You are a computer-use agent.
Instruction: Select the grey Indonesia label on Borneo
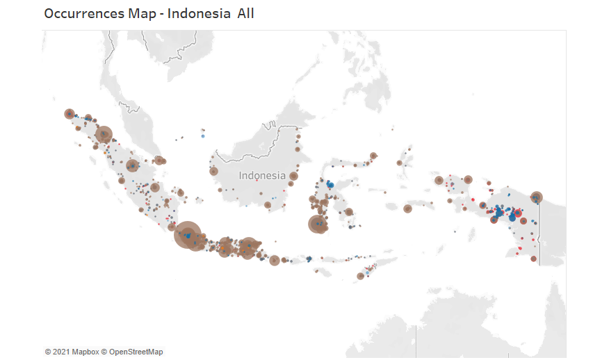(x=262, y=175)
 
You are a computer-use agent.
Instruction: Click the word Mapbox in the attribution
(x=85, y=352)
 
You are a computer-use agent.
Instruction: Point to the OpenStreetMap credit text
(x=136, y=352)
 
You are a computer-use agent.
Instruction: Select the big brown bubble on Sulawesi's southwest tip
(x=318, y=224)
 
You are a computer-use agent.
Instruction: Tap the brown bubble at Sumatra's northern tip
(x=69, y=113)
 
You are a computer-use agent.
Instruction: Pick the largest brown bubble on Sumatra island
(x=104, y=134)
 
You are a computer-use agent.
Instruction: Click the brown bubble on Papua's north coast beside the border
(x=537, y=197)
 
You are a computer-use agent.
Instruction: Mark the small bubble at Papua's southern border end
(x=534, y=259)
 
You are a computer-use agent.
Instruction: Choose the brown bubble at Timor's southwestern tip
(x=360, y=276)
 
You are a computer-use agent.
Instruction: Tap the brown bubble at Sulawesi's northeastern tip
(x=373, y=156)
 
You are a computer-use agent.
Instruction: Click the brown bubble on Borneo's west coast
(x=213, y=171)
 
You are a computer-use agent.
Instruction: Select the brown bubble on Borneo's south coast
(x=268, y=204)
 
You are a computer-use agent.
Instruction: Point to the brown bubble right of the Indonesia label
(x=293, y=176)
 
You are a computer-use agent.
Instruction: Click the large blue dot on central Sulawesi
(x=330, y=185)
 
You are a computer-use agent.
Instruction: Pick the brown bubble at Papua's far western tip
(x=439, y=180)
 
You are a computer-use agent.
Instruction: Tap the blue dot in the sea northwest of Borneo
(x=202, y=136)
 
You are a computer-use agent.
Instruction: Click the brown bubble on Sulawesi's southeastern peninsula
(x=349, y=211)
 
